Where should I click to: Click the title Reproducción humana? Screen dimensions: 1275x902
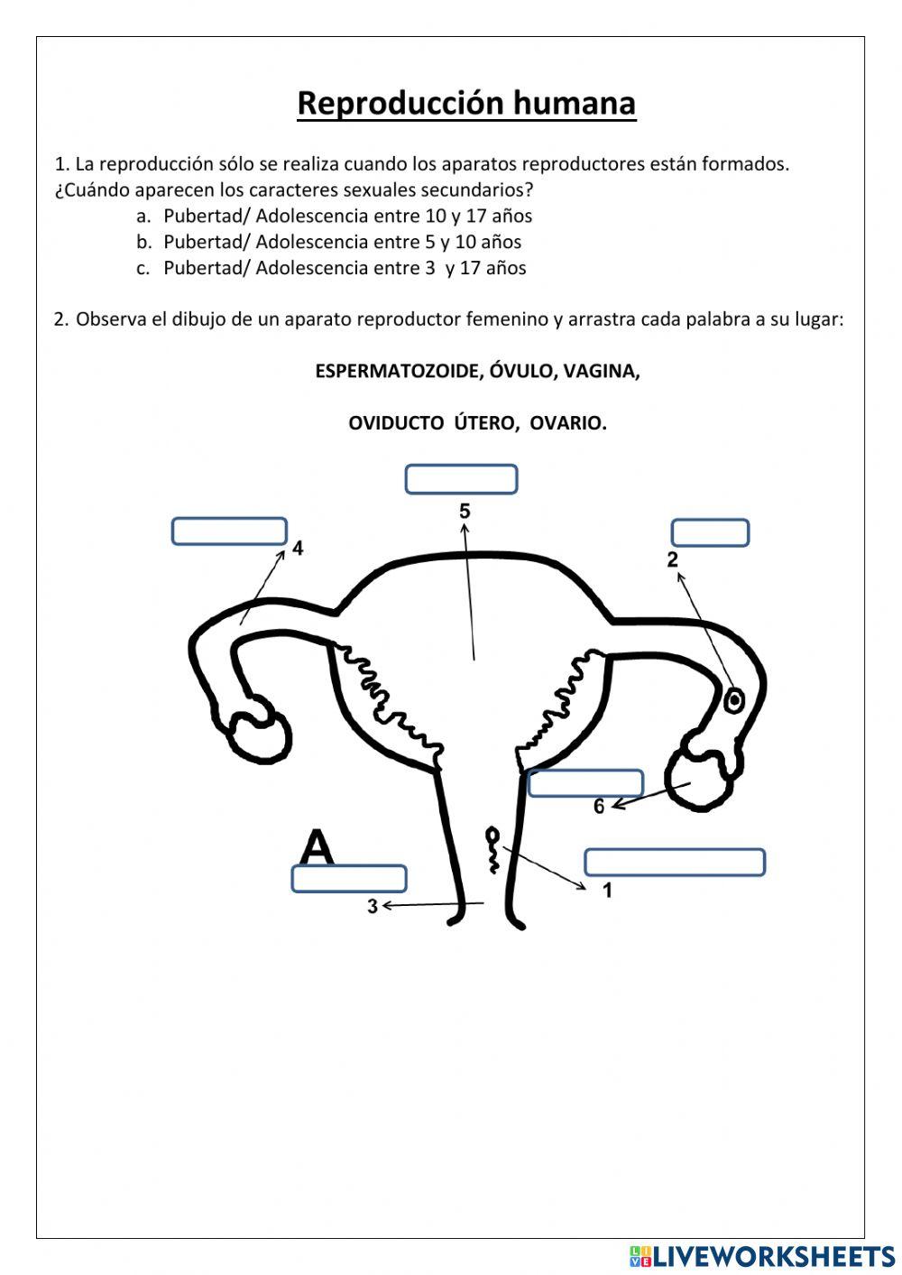(x=466, y=104)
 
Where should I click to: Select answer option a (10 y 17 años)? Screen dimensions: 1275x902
(x=347, y=217)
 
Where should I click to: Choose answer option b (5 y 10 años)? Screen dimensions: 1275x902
(x=342, y=242)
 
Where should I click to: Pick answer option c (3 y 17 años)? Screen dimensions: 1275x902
(x=345, y=268)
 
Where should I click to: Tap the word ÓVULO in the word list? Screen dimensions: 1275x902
(x=521, y=372)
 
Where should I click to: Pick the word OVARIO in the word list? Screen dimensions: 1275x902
(x=568, y=423)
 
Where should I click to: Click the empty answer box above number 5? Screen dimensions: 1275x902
(x=461, y=479)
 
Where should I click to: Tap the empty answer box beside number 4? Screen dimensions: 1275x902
(x=229, y=531)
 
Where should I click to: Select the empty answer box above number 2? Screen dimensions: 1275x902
(x=710, y=532)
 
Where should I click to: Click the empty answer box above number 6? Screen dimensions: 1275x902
(x=585, y=783)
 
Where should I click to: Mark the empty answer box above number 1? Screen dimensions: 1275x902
(x=675, y=862)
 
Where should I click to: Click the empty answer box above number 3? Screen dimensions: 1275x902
(x=348, y=878)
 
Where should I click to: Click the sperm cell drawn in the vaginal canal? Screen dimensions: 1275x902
(x=493, y=849)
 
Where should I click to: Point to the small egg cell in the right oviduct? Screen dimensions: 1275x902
(x=734, y=699)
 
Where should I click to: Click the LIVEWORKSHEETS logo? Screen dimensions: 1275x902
(x=762, y=1255)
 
